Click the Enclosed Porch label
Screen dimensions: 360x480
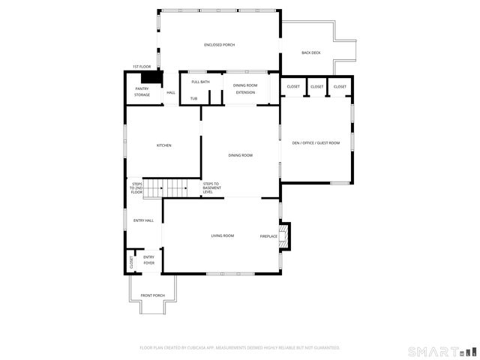click(219, 45)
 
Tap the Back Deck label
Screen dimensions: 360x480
click(310, 52)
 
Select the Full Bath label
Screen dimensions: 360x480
click(200, 82)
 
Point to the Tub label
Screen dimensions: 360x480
click(193, 98)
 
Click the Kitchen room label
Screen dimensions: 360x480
click(164, 145)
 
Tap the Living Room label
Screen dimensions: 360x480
click(223, 235)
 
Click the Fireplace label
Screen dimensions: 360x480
click(268, 236)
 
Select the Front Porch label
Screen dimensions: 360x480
click(152, 295)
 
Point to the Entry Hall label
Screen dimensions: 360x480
click(143, 220)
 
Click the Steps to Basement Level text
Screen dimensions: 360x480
click(211, 187)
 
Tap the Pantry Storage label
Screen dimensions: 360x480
click(142, 91)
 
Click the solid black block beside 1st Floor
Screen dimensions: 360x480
click(152, 77)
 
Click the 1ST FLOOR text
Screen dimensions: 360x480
click(141, 67)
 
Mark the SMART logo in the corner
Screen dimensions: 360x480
click(441, 350)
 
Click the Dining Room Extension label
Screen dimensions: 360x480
click(245, 88)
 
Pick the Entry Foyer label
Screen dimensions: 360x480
click(148, 260)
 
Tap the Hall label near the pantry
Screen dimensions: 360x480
click(171, 92)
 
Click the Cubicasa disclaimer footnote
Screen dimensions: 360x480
click(240, 347)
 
